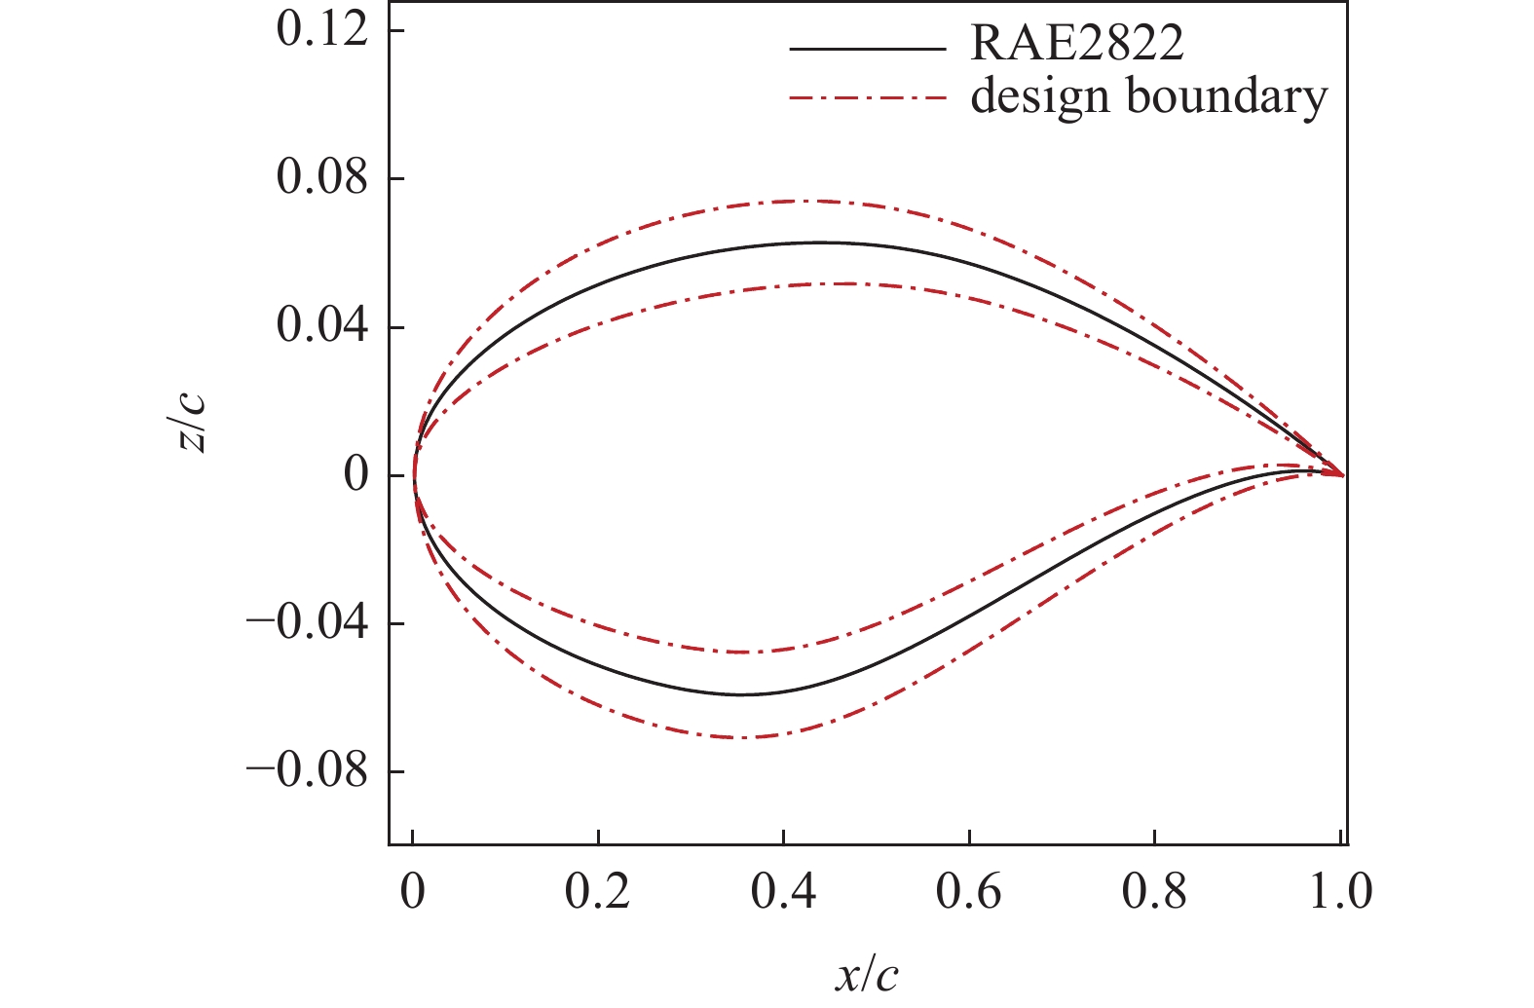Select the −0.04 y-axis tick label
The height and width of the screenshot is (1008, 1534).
click(308, 623)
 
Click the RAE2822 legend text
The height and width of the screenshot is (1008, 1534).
click(1077, 45)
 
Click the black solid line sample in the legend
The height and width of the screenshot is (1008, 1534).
click(867, 48)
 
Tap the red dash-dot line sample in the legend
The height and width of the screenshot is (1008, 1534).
click(867, 98)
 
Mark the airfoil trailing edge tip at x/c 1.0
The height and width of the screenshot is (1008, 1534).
click(1343, 475)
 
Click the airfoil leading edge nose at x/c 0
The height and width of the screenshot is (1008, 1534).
click(414, 476)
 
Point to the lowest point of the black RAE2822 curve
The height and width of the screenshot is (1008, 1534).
click(740, 694)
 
